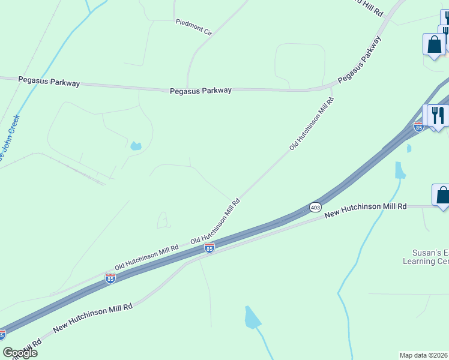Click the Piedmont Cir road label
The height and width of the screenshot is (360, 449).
[194, 27]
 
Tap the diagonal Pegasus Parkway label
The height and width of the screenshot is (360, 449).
[359, 59]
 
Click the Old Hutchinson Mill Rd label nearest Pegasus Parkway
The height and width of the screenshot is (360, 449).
[312, 122]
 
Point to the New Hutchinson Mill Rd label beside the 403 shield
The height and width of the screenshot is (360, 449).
[365, 210]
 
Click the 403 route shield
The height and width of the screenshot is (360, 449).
[316, 207]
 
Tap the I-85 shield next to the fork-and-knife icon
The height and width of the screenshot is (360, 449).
[419, 126]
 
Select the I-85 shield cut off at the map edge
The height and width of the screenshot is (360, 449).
[2, 334]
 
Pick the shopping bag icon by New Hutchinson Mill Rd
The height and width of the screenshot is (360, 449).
[442, 195]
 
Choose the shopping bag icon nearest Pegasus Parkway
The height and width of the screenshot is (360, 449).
[433, 44]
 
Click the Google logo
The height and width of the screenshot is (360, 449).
[19, 353]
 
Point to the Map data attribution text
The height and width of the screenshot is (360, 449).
[424, 355]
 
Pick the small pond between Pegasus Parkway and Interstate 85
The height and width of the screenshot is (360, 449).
[136, 146]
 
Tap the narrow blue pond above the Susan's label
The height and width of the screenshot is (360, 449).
[400, 170]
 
